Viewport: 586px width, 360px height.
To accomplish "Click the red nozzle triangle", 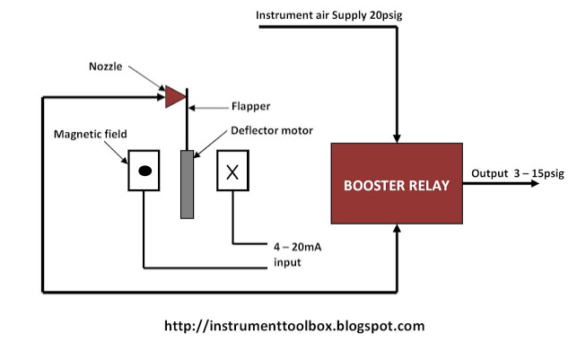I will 173,96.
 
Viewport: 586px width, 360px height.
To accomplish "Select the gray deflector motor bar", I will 187,183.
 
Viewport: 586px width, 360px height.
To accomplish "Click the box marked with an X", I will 232,171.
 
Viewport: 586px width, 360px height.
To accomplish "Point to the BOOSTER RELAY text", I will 397,184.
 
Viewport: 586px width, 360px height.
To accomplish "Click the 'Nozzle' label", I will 107,66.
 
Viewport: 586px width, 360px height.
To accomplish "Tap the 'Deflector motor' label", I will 273,130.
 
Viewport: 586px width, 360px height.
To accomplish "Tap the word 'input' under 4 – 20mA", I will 287,262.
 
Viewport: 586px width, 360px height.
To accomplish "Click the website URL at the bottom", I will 294,326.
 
